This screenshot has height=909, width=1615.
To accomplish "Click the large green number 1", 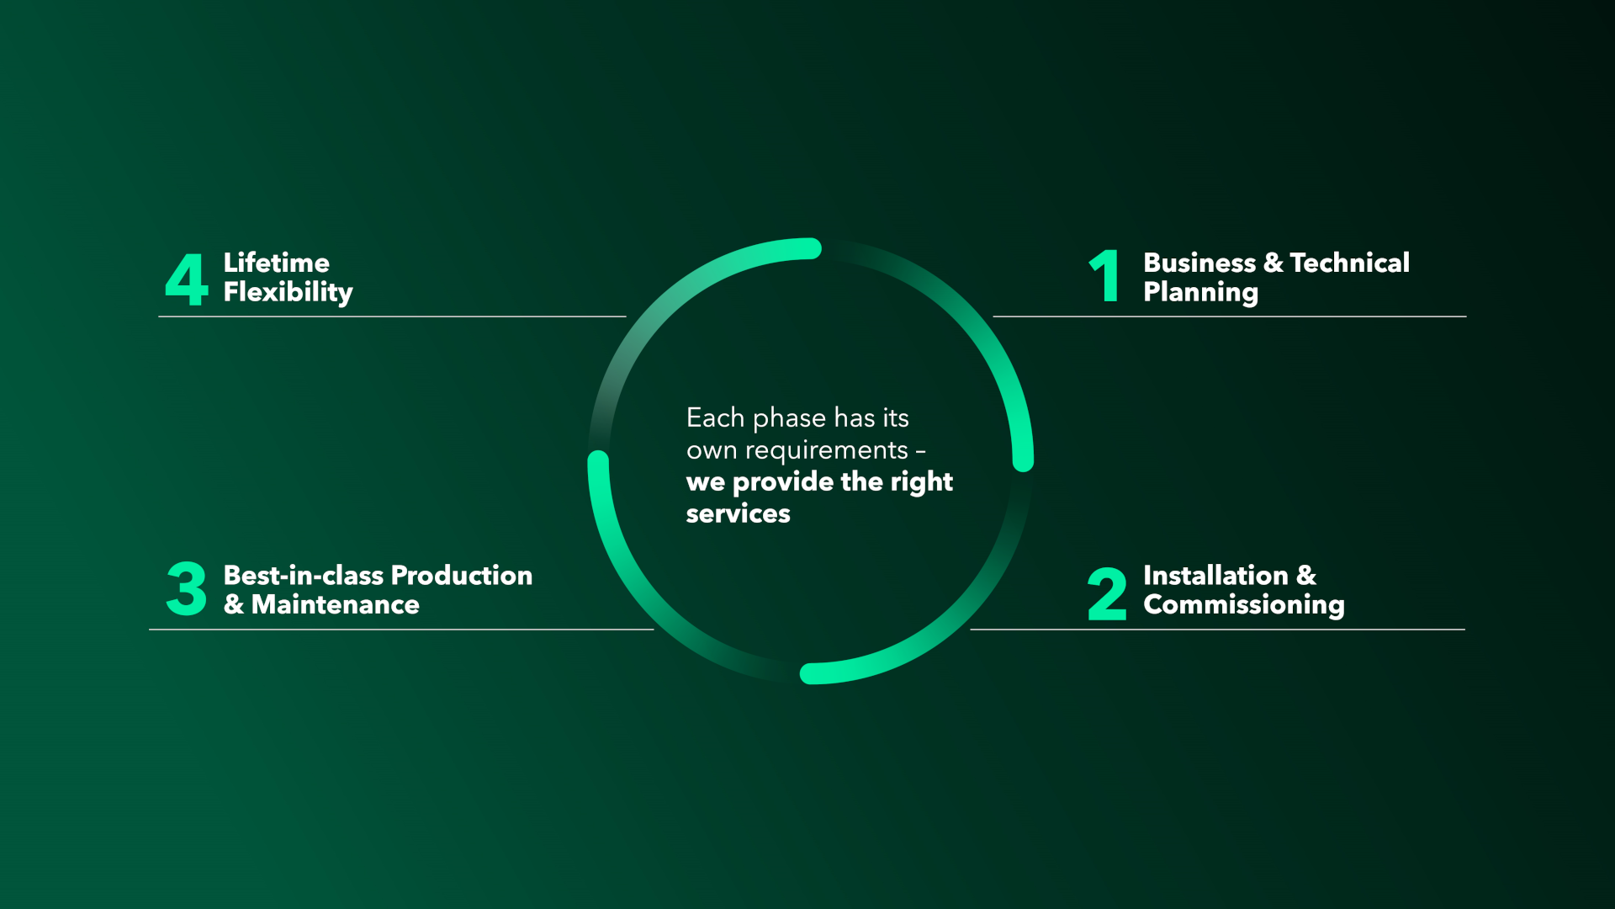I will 1105,276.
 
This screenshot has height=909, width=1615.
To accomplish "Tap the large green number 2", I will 1106,594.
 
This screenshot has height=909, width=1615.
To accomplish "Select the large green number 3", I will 186,589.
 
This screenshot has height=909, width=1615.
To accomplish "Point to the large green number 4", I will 186,279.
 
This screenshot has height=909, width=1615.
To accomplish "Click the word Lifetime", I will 276,263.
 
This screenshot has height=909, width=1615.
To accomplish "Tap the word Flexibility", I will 288,292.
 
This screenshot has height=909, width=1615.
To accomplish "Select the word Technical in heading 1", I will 1349,263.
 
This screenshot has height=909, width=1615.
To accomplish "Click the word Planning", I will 1200,292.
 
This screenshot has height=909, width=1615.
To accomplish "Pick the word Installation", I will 1215,576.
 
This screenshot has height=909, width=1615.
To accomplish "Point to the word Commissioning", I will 1243,605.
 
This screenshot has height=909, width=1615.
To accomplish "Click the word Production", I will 462,576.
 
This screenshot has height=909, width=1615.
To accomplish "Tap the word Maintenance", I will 335,605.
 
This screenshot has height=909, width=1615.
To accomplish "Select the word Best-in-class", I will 303,576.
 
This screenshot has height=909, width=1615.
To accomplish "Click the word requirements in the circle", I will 826,451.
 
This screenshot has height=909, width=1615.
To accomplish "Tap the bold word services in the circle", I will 738,514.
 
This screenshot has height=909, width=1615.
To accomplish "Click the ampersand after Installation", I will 1306,576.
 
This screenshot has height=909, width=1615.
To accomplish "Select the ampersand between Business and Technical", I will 1273,263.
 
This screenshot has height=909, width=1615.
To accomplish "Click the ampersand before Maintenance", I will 234,605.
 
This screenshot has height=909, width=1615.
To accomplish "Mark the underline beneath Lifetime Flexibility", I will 392,316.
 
